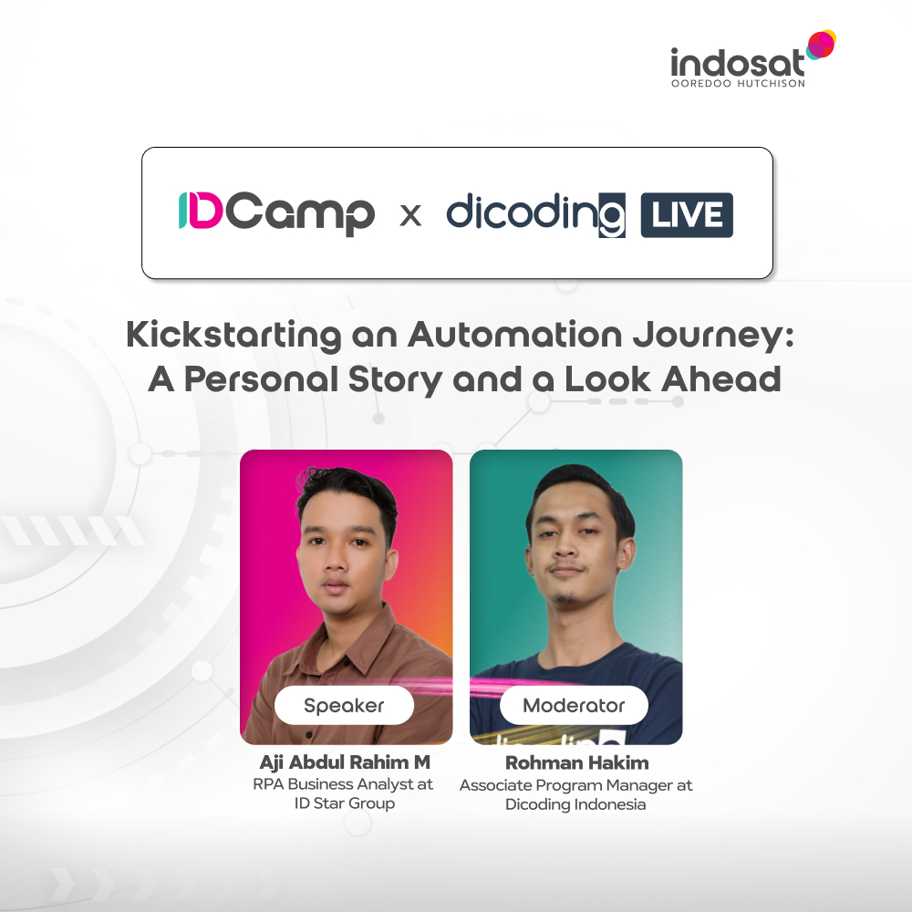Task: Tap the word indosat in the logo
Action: (x=737, y=64)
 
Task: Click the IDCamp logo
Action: (x=275, y=213)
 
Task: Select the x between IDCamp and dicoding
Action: (x=411, y=216)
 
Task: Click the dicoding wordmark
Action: (x=535, y=213)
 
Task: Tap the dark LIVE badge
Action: (x=687, y=215)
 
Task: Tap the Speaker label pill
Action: (x=344, y=705)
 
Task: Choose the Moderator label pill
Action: (x=574, y=705)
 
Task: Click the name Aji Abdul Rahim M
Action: (x=344, y=762)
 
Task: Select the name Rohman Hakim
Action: (x=575, y=762)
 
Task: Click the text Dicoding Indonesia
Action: (x=575, y=804)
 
